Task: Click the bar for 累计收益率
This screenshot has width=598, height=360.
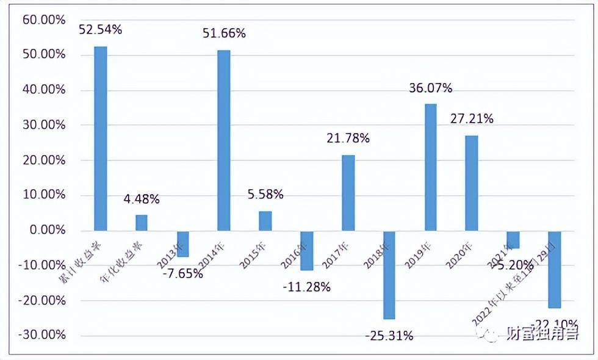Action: point(101,139)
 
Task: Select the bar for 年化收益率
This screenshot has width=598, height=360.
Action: point(142,223)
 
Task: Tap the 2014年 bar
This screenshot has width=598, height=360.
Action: point(224,140)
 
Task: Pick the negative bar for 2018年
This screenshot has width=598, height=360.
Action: point(389,275)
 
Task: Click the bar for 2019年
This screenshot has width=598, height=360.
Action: point(430,167)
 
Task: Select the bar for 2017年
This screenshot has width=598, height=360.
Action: point(348,193)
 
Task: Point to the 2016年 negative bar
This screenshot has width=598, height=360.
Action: point(306,250)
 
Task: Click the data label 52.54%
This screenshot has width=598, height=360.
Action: point(101,29)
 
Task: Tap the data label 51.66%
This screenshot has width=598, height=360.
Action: point(224,34)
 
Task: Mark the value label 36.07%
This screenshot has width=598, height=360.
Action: point(430,88)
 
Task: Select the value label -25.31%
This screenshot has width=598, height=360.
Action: point(389,336)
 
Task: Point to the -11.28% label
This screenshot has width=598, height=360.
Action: point(306,287)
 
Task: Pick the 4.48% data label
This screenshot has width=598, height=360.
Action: point(142,199)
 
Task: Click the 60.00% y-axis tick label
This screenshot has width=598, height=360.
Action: point(44,20)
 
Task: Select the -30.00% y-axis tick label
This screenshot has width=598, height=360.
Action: point(42,336)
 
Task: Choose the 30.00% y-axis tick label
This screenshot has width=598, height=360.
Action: point(44,125)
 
